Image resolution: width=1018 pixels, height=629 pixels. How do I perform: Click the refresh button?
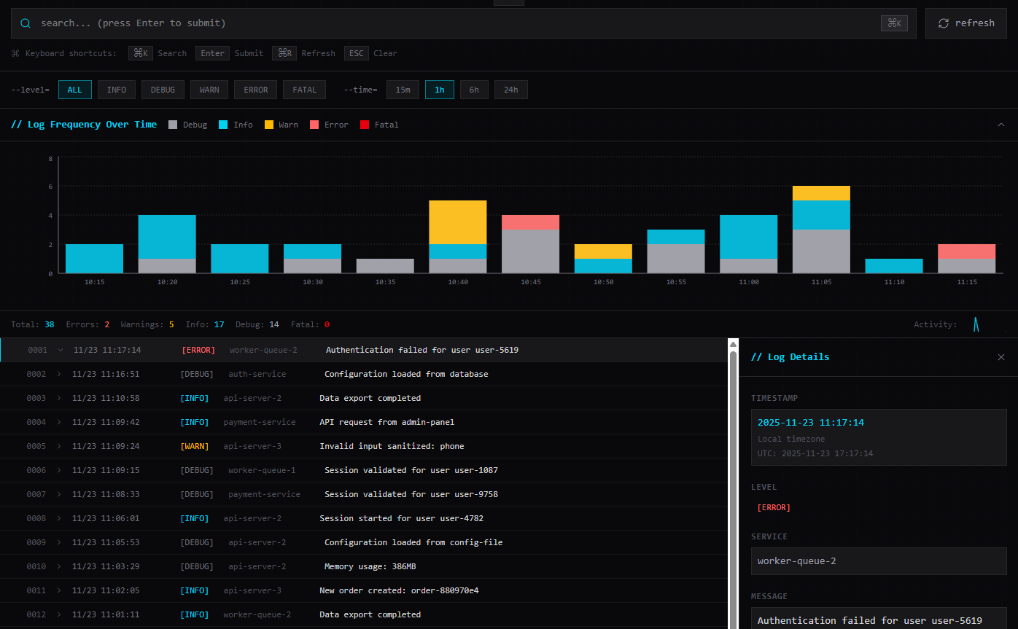(965, 23)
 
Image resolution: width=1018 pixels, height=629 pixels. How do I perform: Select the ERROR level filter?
(255, 90)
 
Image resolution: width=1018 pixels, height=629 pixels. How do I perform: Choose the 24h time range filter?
(510, 90)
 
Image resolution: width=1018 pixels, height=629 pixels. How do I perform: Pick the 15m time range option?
(403, 90)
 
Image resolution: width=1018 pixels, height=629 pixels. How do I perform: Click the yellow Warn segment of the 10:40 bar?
(457, 222)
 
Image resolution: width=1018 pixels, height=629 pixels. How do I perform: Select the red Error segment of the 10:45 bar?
(530, 222)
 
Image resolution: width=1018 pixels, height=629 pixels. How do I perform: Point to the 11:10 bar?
(893, 266)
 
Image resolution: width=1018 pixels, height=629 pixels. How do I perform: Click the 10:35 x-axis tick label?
(385, 282)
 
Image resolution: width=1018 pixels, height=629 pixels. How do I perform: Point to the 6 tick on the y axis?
(50, 187)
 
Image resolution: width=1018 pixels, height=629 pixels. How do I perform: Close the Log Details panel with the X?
(1000, 357)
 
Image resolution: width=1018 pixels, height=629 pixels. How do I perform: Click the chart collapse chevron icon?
(1000, 125)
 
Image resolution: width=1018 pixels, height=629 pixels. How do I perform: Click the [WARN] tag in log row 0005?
(194, 446)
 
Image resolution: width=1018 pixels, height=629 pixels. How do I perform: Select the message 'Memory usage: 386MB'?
(370, 566)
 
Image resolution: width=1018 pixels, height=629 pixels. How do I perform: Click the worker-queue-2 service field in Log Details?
(878, 561)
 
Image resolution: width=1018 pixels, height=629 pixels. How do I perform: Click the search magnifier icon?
(26, 23)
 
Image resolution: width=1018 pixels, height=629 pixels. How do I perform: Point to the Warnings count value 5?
(171, 324)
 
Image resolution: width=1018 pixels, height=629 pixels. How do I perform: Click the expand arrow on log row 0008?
(59, 518)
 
